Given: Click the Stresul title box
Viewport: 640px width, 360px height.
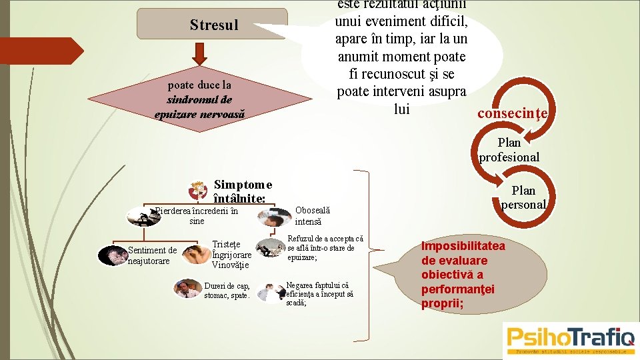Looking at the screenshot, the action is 213,25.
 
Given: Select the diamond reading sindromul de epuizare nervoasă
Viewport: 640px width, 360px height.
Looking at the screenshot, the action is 200,99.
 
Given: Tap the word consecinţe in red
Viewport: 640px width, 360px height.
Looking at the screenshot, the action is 512,113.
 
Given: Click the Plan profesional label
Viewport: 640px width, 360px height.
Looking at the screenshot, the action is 509,150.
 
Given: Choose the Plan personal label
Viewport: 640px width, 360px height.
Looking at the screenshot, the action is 523,198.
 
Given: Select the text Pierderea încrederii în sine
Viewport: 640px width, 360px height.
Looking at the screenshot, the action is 196,216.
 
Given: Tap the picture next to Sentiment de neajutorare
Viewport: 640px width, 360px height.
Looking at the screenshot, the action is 110,256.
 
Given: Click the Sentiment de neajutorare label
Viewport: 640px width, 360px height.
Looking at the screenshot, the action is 152,255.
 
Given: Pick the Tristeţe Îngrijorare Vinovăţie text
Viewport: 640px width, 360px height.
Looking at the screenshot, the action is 231,255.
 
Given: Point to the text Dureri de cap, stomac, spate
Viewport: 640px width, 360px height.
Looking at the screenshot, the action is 227,291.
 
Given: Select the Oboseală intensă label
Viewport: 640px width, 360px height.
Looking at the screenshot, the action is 312,215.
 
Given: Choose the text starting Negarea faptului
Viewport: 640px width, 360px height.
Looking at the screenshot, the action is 319,293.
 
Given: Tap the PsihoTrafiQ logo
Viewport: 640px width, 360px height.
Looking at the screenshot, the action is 571,339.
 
